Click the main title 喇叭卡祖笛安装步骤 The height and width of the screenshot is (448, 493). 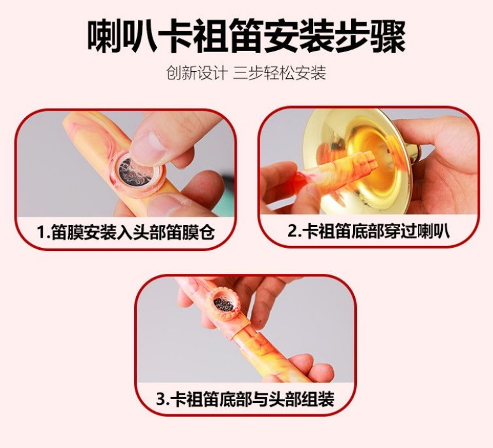click(246, 37)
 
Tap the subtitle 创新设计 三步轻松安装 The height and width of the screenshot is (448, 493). click(246, 73)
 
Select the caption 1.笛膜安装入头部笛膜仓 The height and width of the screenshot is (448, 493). click(126, 233)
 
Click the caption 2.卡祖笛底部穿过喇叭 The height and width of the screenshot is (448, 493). click(368, 231)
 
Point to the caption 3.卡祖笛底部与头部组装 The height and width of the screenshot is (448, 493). click(246, 399)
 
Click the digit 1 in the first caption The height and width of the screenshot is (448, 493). click(41, 233)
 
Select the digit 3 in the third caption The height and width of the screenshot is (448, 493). click(161, 399)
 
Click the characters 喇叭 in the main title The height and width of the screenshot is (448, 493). click(123, 37)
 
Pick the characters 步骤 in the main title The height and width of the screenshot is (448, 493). click(370, 37)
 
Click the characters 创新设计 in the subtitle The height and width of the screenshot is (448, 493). click(197, 73)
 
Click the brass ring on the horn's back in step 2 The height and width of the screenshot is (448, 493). click(416, 154)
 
